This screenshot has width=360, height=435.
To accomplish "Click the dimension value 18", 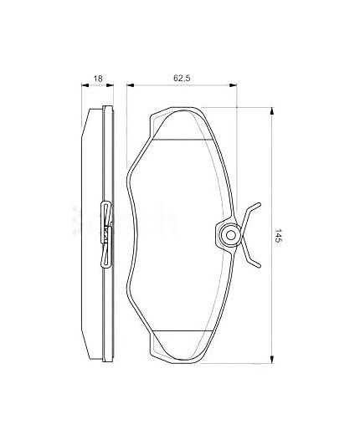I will (98, 79).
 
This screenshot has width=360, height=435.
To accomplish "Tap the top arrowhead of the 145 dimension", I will (273, 111).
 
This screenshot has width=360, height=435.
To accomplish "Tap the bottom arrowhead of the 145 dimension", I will (273, 359).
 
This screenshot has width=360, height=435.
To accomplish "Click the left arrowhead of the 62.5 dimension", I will (130, 84).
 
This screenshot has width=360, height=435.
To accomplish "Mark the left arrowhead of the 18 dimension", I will (87, 84).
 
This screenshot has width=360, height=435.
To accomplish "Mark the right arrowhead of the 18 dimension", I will (111, 84).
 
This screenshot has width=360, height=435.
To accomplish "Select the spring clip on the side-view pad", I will (105, 235).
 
